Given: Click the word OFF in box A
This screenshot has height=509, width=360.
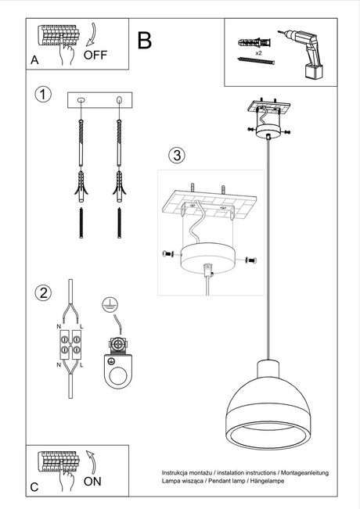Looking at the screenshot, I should pos(95,55).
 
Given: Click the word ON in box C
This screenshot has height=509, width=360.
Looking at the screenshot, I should pos(92,482).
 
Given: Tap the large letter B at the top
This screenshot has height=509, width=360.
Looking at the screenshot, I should pos(145,41).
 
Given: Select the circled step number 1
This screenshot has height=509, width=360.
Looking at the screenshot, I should pos(43,95).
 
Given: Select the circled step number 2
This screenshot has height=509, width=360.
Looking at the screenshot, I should pos(43,293).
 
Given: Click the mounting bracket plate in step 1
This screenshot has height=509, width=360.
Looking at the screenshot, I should pos(101,100).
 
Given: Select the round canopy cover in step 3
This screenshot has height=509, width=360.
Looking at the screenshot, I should pos(207,258).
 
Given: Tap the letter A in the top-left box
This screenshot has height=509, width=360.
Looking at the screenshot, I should pos(34,59).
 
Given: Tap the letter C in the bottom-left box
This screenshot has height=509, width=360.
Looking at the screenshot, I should pos(34,486).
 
